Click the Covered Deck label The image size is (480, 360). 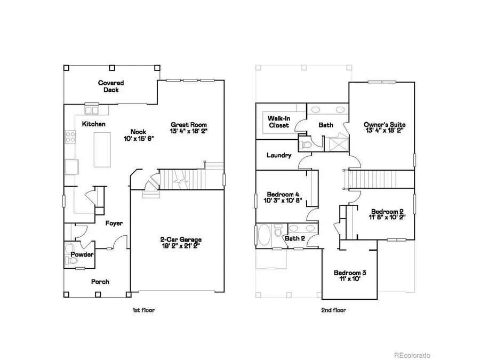(110, 86)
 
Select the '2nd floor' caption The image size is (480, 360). (334, 310)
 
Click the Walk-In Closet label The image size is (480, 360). (278, 122)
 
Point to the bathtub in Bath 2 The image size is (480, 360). (263, 235)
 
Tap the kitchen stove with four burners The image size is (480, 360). (69, 137)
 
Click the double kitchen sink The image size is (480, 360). (92, 110)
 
